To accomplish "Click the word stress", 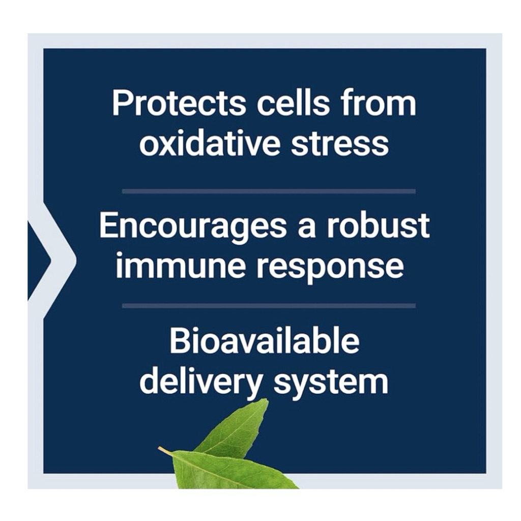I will click(x=339, y=144).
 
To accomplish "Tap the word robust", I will click(x=378, y=226).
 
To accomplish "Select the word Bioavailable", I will click(x=265, y=341).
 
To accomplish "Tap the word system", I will click(x=331, y=383).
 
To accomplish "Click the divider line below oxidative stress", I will click(x=269, y=191).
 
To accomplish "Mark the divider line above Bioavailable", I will click(x=269, y=306).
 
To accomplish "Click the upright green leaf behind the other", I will click(x=239, y=430).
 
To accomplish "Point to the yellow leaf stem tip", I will click(x=160, y=448).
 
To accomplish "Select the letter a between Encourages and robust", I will click(x=306, y=228).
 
